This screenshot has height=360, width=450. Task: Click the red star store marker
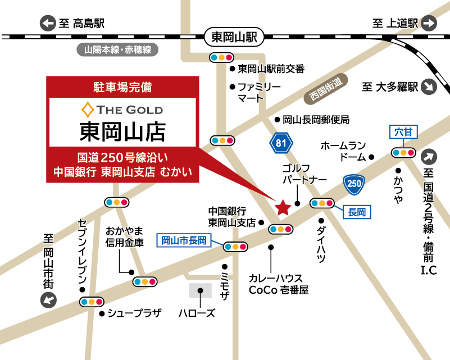283,208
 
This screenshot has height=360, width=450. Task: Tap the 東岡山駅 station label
234,38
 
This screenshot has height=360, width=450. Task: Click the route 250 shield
354,183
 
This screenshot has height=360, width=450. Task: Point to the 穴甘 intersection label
403,133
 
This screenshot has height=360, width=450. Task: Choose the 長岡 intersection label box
357,212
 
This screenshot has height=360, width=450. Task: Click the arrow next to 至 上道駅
429,24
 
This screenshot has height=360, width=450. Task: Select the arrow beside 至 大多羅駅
430,88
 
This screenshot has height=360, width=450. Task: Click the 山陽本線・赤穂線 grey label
118,49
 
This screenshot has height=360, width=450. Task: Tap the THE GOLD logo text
122,109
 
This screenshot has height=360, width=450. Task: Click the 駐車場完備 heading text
122,87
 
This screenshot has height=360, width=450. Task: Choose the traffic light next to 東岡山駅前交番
221,57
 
